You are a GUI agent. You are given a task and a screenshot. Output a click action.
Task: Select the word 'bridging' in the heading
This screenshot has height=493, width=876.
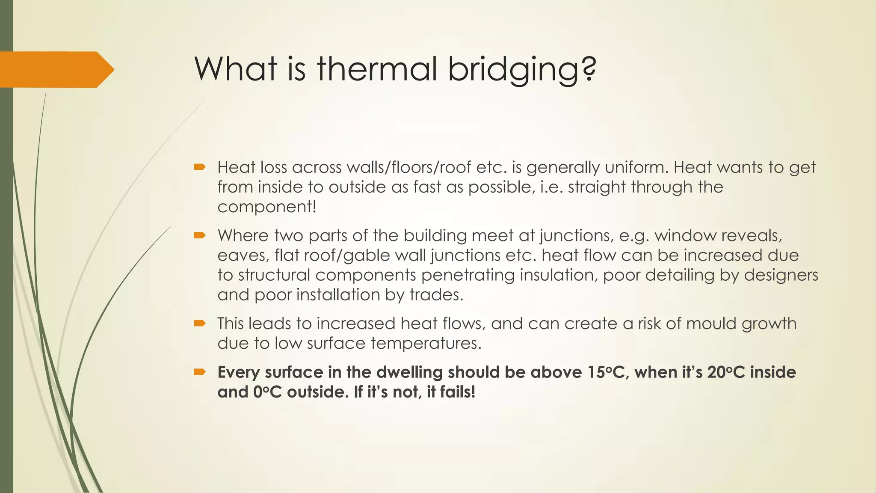515,69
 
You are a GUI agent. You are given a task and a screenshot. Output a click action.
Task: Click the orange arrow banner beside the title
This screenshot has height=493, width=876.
56,69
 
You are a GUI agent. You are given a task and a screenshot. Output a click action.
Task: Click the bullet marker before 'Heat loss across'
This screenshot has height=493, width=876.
200,167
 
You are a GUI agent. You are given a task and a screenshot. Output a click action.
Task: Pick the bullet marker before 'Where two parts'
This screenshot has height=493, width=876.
200,235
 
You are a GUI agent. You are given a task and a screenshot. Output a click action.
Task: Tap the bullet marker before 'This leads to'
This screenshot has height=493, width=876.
200,323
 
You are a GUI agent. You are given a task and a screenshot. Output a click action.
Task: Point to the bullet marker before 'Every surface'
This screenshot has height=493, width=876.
200,372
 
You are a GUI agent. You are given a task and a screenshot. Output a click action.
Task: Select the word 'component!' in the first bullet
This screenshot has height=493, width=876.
267,207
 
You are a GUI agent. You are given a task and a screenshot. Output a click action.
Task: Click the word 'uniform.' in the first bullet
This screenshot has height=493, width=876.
636,167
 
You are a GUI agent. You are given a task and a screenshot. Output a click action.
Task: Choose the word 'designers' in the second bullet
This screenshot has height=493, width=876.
781,275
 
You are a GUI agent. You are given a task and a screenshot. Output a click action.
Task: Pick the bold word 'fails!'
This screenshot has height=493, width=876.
451,392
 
